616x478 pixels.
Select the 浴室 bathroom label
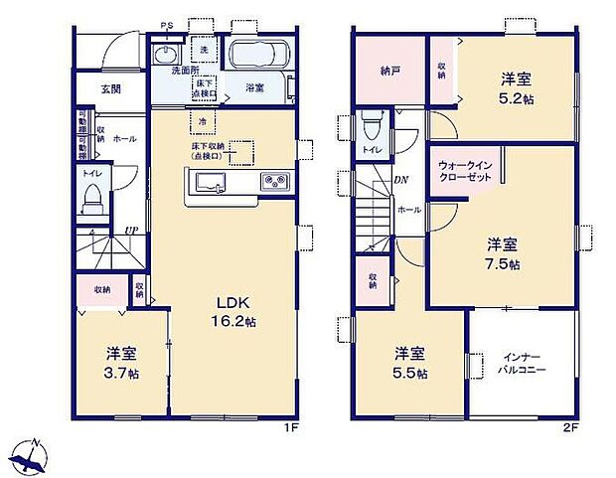pyautogui.click(x=254, y=88)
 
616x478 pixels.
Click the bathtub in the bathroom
pyautogui.click(x=257, y=54)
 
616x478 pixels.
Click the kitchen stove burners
pyautogui.click(x=275, y=181)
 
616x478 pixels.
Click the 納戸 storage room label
pyautogui.click(x=390, y=72)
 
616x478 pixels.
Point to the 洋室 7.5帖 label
pyautogui.click(x=504, y=253)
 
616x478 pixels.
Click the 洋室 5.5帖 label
pyautogui.click(x=410, y=362)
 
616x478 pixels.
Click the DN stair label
pyautogui.click(x=400, y=180)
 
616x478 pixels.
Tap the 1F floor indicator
pyautogui.click(x=288, y=429)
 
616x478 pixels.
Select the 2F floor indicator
pyautogui.click(x=568, y=429)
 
